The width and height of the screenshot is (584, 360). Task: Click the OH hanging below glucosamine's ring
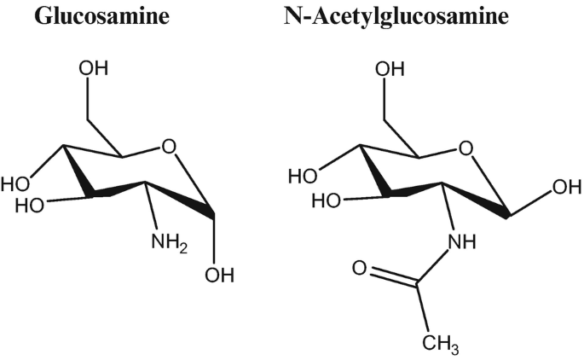point(217,276)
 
